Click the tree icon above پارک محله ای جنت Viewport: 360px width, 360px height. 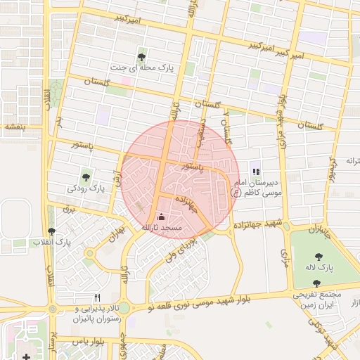(143, 58)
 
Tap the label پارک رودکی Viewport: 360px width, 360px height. (86, 188)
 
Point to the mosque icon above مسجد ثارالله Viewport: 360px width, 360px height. (163, 217)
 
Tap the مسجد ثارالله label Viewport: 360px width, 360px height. (162, 228)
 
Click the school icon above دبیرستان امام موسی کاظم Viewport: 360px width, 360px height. (256, 172)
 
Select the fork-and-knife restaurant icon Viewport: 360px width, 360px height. (97, 297)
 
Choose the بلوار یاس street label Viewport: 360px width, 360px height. (90, 341)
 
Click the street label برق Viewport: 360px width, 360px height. (68, 208)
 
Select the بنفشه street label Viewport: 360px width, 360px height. (14, 127)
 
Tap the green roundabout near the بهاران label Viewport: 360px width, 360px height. (89, 253)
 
